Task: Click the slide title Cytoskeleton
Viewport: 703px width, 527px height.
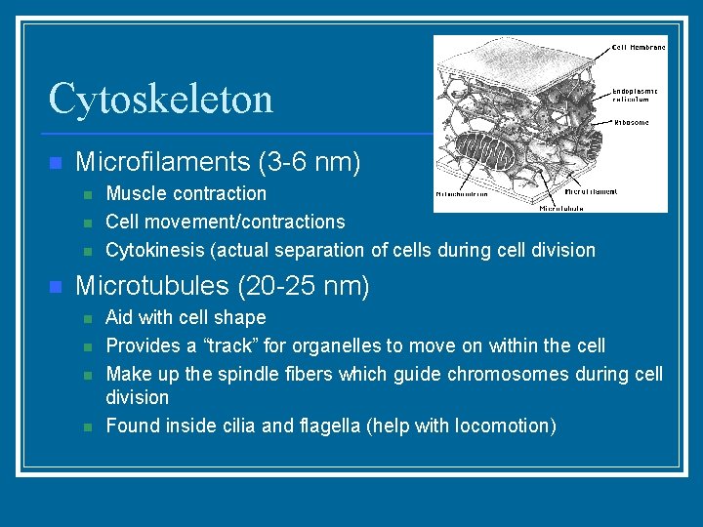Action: [160, 99]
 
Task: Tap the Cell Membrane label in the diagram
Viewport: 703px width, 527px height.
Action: [639, 46]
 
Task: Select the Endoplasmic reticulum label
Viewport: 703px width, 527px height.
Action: [635, 95]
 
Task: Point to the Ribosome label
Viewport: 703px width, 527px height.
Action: [632, 123]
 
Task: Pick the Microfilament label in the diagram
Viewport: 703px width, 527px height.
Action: [591, 191]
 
